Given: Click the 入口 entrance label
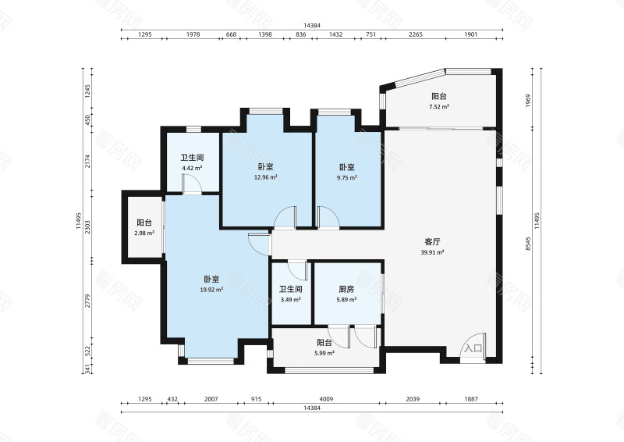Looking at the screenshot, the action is click(x=473, y=348).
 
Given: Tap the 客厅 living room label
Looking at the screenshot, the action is click(x=432, y=242).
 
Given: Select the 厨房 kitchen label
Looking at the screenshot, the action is click(x=346, y=290).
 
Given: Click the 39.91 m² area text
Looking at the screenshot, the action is click(x=432, y=252).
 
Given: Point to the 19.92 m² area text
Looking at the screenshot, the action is click(x=211, y=290).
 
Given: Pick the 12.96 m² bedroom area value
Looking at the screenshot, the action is click(x=265, y=177).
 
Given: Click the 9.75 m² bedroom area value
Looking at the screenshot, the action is click(x=346, y=178).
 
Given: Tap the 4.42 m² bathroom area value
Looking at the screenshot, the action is click(x=192, y=168).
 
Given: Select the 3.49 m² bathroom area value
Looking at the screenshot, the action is click(x=290, y=300).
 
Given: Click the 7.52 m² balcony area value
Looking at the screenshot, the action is click(x=439, y=107).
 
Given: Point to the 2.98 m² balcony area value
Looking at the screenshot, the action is click(x=144, y=233).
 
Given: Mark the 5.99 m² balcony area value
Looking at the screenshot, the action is click(x=324, y=353).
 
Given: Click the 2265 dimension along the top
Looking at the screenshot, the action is click(x=416, y=34).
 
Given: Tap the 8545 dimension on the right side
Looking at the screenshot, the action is click(x=528, y=244).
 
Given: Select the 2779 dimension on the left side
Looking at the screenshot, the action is click(x=88, y=301).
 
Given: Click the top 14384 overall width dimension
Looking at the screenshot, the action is click(x=312, y=26).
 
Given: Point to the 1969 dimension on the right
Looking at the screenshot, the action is click(x=528, y=101).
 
